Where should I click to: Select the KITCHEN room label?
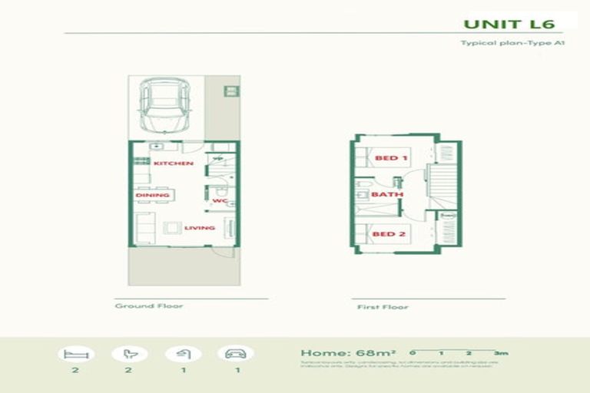173,164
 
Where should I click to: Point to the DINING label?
153,195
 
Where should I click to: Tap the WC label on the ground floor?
220,202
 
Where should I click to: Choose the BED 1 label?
390,158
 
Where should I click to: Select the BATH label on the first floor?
387,195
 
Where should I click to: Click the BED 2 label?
389,233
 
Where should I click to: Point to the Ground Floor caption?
149,306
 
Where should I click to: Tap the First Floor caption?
383,307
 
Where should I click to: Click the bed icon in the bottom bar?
76,355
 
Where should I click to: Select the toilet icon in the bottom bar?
130,355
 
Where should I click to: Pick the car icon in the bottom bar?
235,355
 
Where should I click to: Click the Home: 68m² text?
348,354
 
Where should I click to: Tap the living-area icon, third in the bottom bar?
184,355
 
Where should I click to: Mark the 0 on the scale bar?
413,353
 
